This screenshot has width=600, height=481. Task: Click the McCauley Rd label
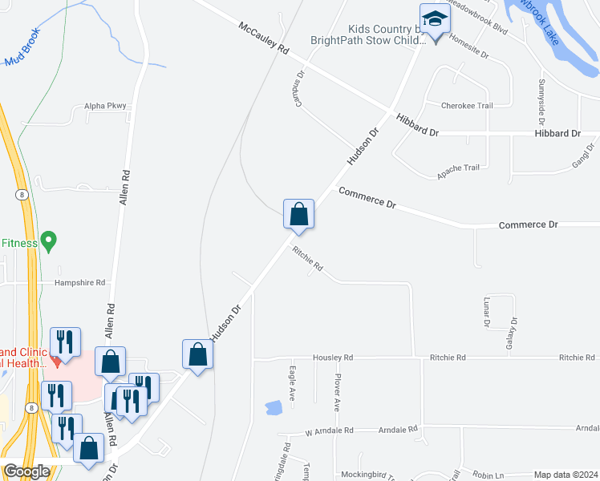263,38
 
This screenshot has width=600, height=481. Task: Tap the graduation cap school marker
434,19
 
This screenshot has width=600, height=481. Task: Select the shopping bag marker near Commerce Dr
298,214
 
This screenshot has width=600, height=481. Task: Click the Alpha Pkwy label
106,106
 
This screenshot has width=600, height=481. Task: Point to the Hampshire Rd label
80,283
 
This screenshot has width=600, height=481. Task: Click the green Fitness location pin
49,240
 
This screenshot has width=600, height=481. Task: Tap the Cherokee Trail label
466,105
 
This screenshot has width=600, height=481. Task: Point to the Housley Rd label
333,358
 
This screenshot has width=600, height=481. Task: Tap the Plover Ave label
339,393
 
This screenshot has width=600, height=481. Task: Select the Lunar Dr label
487,313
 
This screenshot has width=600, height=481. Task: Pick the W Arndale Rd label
329,430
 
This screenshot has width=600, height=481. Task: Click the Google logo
26,471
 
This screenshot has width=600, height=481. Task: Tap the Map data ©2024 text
566,475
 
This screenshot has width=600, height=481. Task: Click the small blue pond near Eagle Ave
273,407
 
